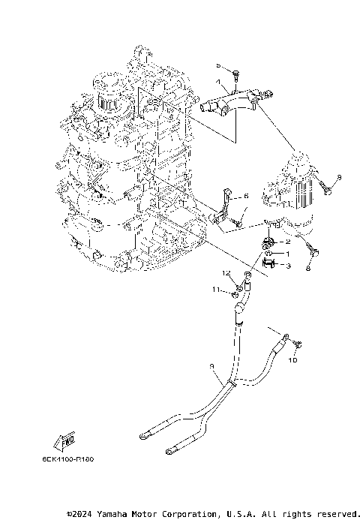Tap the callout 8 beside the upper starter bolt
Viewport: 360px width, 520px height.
click(339, 176)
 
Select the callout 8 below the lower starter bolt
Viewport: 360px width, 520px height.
click(309, 267)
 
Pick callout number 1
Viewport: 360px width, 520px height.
click(288, 254)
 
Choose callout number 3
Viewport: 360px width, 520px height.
click(288, 266)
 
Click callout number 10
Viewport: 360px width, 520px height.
click(294, 359)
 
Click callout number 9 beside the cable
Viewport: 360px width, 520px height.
click(213, 365)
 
